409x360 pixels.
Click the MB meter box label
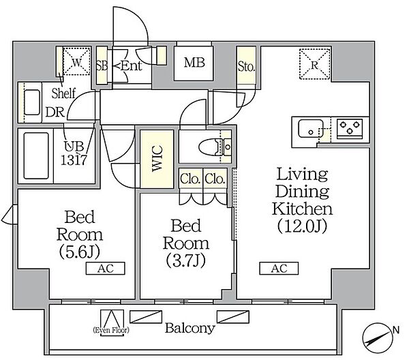[x=194, y=63]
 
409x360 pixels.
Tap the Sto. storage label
[x=246, y=67]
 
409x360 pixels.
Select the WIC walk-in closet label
[x=157, y=158]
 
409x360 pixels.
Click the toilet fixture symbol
[x=215, y=147]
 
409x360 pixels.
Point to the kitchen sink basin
[x=311, y=128]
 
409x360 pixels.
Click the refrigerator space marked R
[x=315, y=64]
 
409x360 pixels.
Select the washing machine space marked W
[x=76, y=62]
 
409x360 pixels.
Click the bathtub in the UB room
[x=36, y=155]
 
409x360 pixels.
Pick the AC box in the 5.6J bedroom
[x=106, y=269]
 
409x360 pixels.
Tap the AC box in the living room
[x=279, y=269]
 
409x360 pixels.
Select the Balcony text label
[x=190, y=328]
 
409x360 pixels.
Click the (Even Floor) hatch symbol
[x=112, y=322]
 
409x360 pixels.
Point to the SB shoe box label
[x=102, y=66]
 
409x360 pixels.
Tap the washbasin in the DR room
[x=32, y=102]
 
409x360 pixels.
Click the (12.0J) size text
[x=302, y=226]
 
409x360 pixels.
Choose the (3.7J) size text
[x=185, y=260]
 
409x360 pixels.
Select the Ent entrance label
[x=132, y=65]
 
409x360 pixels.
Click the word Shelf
[x=63, y=93]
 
